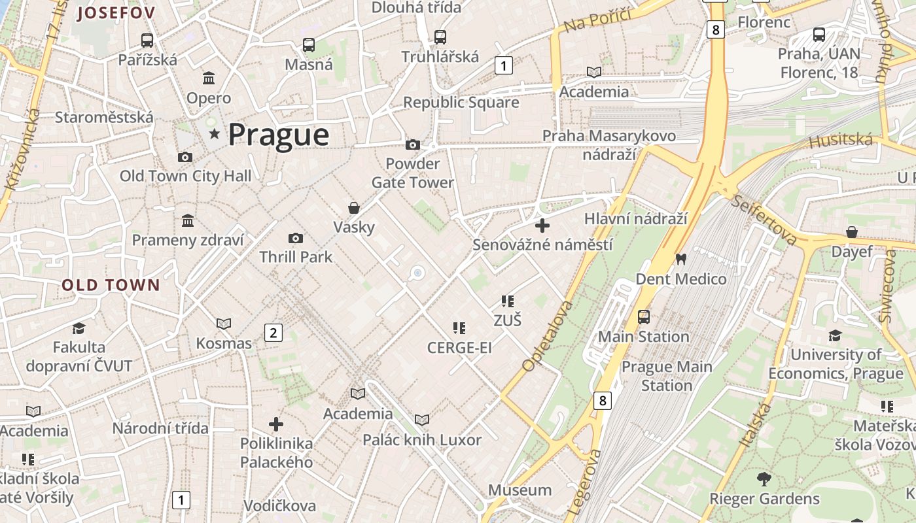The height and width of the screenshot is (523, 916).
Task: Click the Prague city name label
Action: [278, 135]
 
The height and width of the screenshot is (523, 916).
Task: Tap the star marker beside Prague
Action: [214, 134]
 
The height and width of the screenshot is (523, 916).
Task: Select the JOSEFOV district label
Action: [116, 13]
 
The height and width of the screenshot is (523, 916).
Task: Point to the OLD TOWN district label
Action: [111, 285]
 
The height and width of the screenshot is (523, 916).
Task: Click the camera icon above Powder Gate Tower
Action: [412, 144]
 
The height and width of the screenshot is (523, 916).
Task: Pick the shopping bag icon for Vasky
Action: [353, 208]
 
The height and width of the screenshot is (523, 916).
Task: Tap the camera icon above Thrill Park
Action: [296, 238]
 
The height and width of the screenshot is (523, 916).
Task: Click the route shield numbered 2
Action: [273, 333]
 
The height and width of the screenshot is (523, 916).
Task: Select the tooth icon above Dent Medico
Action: [680, 260]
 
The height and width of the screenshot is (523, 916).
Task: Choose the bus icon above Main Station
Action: [644, 317]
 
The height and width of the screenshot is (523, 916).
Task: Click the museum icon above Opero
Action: [209, 78]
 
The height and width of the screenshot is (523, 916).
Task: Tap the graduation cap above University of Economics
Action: [835, 335]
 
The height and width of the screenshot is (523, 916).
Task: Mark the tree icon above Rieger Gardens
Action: [764, 479]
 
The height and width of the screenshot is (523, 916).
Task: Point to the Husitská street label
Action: [841, 140]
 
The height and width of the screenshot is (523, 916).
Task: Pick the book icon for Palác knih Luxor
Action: [422, 420]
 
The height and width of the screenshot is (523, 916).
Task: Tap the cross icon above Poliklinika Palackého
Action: [276, 424]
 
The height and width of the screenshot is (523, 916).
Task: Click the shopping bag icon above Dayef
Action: [851, 232]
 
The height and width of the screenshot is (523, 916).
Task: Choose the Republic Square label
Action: [461, 103]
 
